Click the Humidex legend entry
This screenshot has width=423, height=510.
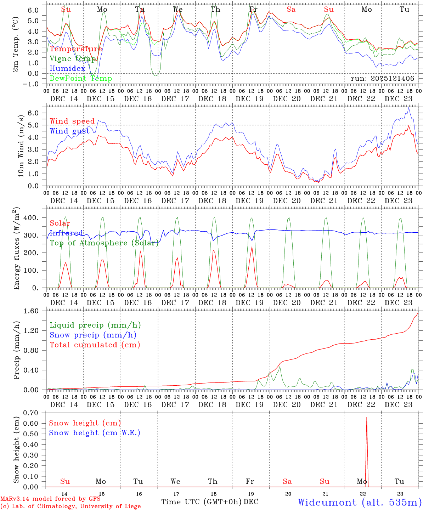click(x=67, y=69)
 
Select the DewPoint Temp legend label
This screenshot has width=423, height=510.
click(x=81, y=79)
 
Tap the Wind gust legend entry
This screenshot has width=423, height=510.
click(x=69, y=131)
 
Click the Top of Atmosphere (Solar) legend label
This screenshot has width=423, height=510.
click(x=104, y=243)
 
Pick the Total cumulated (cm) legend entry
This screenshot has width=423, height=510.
click(x=95, y=345)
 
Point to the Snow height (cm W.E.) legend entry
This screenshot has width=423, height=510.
click(x=95, y=433)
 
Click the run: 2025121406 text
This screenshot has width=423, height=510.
click(x=382, y=79)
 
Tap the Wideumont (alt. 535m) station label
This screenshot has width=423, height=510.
click(x=359, y=502)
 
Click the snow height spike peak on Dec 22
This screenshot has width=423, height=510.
click(x=366, y=418)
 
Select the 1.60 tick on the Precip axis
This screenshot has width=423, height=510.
click(x=35, y=311)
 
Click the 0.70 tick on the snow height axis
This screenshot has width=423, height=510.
click(x=35, y=413)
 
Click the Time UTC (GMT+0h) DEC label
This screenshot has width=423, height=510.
click(x=209, y=502)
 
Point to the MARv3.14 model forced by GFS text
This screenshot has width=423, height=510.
click(x=50, y=499)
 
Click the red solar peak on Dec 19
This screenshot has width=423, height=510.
click(x=252, y=247)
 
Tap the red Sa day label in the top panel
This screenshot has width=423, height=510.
click(x=291, y=10)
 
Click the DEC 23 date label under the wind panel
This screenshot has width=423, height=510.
click(x=399, y=201)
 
